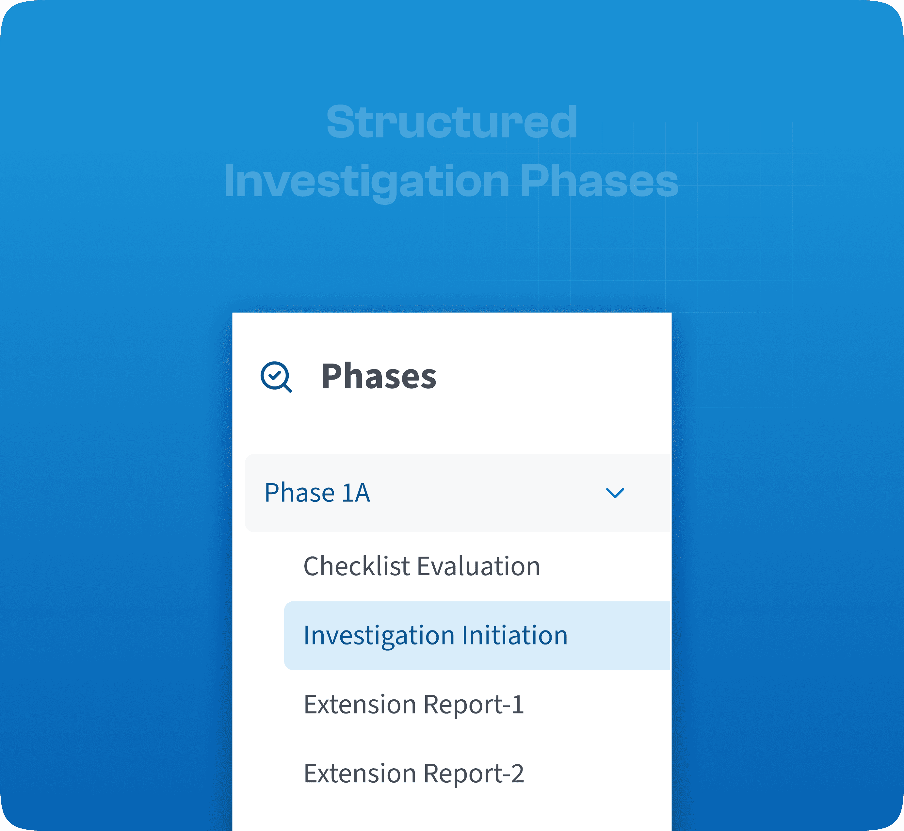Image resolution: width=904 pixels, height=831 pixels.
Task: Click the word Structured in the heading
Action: coord(452,122)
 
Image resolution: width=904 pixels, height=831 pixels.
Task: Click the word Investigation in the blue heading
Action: coord(366,181)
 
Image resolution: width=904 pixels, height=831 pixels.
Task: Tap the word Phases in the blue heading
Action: coord(599,181)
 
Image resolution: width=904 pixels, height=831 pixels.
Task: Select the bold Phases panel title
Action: coord(379,376)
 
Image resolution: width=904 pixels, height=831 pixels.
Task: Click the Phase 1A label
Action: coord(317,493)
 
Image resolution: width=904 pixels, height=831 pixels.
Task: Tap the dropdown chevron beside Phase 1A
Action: coord(615,493)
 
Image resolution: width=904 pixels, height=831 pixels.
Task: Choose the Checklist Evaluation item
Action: coord(421,566)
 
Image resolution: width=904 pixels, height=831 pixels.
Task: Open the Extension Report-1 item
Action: coord(413,705)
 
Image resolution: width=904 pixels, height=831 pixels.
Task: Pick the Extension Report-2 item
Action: coord(413,774)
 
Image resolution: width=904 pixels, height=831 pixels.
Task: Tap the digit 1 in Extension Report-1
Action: coord(518,705)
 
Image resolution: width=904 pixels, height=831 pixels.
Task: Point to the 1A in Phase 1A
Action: coord(356,493)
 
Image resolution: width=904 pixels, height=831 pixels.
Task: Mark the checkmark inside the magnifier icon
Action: coord(274,375)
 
